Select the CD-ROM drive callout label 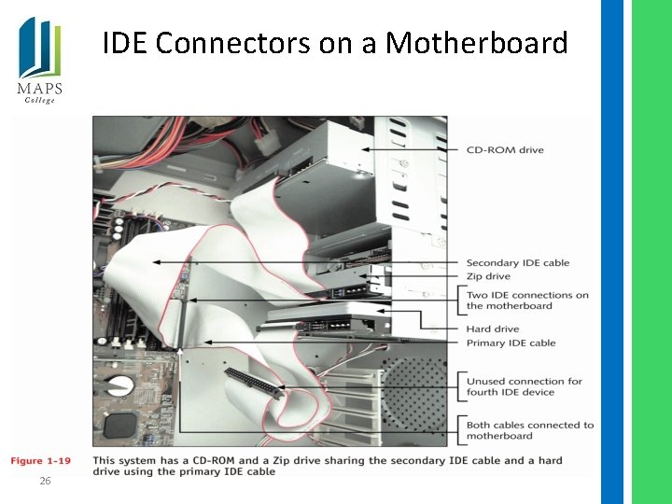pyautogui.click(x=504, y=150)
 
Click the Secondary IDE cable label pyautogui.click(x=517, y=263)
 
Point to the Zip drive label pyautogui.click(x=488, y=276)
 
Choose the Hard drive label pyautogui.click(x=492, y=329)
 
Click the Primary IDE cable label pyautogui.click(x=511, y=343)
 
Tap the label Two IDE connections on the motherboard pyautogui.click(x=527, y=301)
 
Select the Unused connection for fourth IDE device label pyautogui.click(x=524, y=386)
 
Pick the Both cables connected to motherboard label pyautogui.click(x=529, y=430)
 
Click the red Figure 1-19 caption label pyautogui.click(x=40, y=461)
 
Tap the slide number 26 pyautogui.click(x=44, y=481)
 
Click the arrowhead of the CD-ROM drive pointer pyautogui.click(x=365, y=149)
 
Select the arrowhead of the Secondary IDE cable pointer pyautogui.click(x=155, y=263)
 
